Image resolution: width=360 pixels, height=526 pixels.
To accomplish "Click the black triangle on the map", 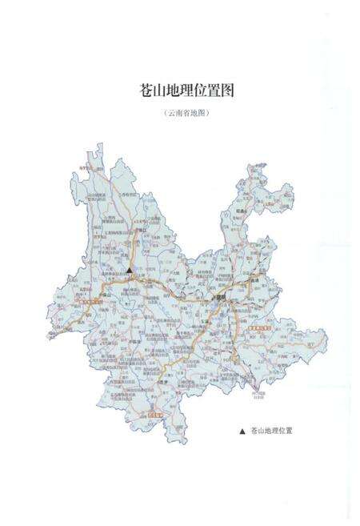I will pyautogui.click(x=129, y=271).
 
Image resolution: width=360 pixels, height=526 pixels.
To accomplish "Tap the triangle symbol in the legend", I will pyautogui.click(x=242, y=431).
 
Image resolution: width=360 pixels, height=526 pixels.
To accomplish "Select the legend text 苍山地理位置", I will pyautogui.click(x=272, y=431).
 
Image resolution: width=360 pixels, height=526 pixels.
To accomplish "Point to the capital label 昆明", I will pyautogui.click(x=216, y=298).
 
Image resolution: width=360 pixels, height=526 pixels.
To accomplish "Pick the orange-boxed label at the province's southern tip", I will pyautogui.click(x=157, y=416).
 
